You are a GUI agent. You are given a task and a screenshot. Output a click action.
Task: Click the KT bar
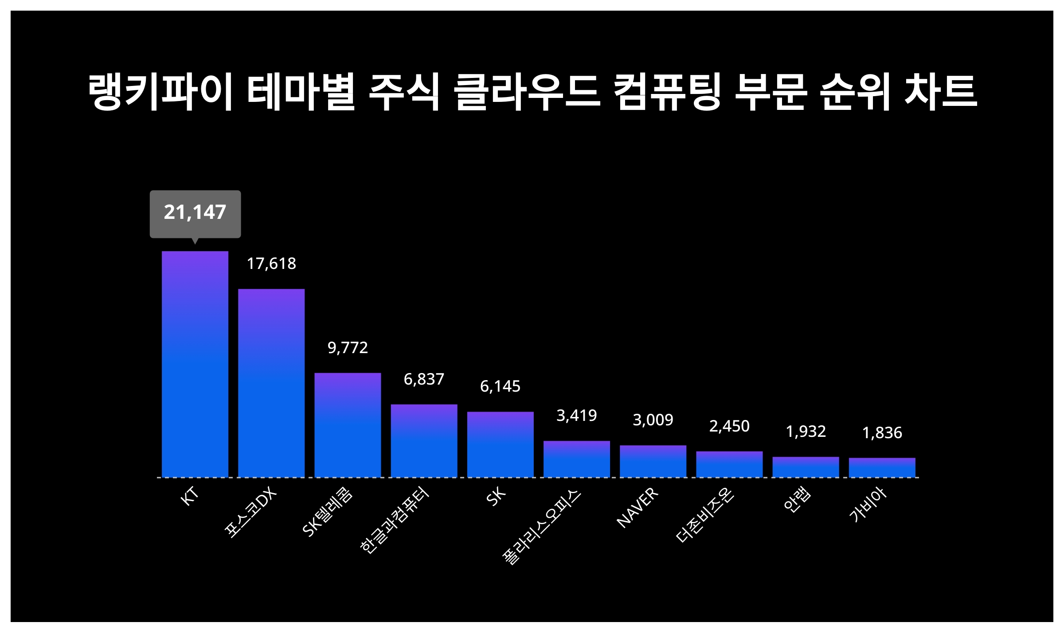point(195,364)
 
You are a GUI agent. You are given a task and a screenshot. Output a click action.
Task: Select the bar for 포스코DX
point(271,383)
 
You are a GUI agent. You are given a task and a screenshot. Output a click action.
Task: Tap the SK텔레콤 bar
point(348,425)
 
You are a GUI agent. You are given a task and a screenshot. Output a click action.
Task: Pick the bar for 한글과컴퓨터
point(424,441)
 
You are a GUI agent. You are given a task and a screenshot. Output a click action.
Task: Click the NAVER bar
point(653,461)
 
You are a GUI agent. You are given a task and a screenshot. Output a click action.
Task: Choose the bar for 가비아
point(882,467)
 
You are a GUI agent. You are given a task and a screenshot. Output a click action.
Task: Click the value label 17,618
point(271,264)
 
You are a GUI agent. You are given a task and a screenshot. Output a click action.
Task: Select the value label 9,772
point(348,348)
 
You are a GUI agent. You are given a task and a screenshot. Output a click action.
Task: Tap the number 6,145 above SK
point(500,386)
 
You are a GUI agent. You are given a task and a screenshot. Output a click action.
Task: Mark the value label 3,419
point(576,416)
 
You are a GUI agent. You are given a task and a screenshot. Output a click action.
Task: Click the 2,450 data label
point(729,426)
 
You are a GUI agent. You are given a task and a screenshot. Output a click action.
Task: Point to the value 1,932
point(806,432)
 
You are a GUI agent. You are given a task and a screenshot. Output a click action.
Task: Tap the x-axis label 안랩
point(797,500)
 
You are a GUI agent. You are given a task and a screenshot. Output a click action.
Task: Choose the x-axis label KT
point(189,496)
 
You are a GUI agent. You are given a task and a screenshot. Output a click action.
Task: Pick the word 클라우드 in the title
point(528,92)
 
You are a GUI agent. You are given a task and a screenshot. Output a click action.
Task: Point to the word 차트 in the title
point(941,92)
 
